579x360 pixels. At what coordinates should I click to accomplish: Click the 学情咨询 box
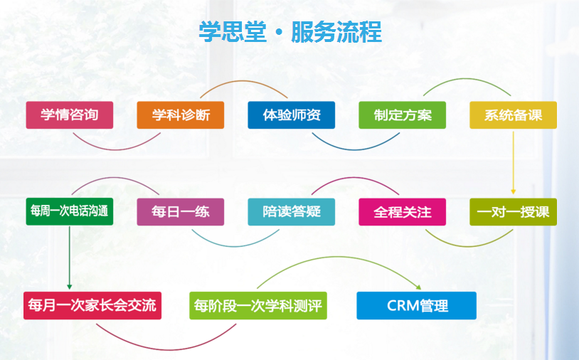pyautogui.click(x=70, y=115)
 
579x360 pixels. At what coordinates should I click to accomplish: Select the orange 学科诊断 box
pyautogui.click(x=181, y=115)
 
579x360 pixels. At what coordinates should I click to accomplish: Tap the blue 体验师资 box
pyautogui.click(x=292, y=115)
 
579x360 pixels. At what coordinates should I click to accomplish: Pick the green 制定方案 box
pyautogui.click(x=402, y=115)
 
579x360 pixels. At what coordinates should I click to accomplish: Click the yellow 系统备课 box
pyautogui.click(x=514, y=115)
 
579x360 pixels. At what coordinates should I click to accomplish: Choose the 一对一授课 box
pyautogui.click(x=514, y=212)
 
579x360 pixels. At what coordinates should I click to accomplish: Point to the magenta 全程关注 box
pyautogui.click(x=402, y=212)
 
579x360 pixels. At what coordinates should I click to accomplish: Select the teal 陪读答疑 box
pyautogui.click(x=292, y=212)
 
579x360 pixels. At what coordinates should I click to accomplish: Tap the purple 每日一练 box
pyautogui.click(x=181, y=212)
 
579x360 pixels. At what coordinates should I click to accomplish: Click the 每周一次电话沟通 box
pyautogui.click(x=70, y=212)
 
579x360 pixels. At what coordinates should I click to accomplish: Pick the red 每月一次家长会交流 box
pyautogui.click(x=92, y=306)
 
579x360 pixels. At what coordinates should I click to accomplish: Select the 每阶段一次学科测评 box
pyautogui.click(x=258, y=306)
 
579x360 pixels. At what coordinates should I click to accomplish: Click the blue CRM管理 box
pyautogui.click(x=417, y=306)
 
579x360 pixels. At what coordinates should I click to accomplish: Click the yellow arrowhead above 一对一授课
pyautogui.click(x=514, y=192)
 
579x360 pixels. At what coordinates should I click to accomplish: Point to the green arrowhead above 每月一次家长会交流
pyautogui.click(x=70, y=287)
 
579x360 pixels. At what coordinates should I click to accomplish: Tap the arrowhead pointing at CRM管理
pyautogui.click(x=418, y=287)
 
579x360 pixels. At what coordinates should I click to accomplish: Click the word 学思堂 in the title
pyautogui.click(x=233, y=32)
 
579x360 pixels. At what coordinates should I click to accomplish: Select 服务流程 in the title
pyautogui.click(x=336, y=32)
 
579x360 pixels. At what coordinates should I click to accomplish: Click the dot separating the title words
pyautogui.click(x=279, y=33)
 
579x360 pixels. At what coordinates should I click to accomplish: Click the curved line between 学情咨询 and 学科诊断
pyautogui.click(x=117, y=149)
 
